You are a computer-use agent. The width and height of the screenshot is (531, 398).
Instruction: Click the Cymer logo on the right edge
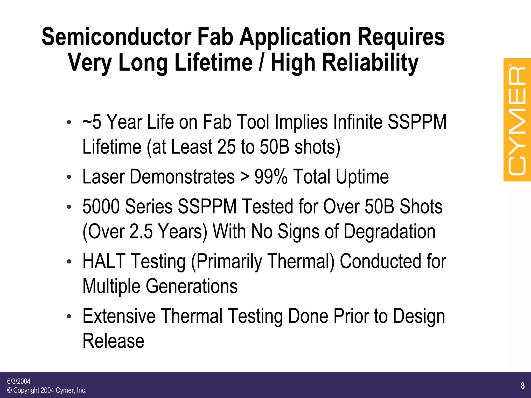point(517,120)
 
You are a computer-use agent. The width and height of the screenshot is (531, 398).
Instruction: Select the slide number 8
point(523,386)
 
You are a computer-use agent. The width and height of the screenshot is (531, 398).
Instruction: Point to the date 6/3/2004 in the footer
point(19,381)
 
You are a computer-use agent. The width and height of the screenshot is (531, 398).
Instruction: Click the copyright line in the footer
point(47,390)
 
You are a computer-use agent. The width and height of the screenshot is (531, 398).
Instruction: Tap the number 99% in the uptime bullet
point(271,177)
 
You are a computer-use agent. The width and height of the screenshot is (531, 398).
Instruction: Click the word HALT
point(104,261)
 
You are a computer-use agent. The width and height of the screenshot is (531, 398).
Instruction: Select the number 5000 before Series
point(101,207)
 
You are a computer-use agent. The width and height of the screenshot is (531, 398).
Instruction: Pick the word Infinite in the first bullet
point(358,122)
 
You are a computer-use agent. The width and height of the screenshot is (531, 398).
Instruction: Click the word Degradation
point(389,231)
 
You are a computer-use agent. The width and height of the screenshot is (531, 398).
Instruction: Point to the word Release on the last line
point(113,341)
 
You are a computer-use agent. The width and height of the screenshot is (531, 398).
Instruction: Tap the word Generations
point(192,286)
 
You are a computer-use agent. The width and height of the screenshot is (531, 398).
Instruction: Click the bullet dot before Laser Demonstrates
point(69,177)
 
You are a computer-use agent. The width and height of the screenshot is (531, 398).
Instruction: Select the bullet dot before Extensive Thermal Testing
point(69,316)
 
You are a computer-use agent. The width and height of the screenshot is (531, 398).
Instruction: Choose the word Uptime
point(362,177)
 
